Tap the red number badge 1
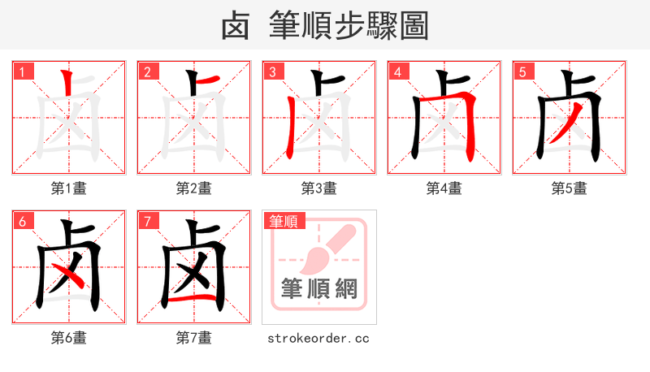click(23, 71)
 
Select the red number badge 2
click(148, 71)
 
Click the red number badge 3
click(273, 71)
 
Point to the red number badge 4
click(398, 71)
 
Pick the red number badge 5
click(523, 71)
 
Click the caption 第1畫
click(69, 188)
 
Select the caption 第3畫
click(319, 188)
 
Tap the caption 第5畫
click(570, 188)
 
